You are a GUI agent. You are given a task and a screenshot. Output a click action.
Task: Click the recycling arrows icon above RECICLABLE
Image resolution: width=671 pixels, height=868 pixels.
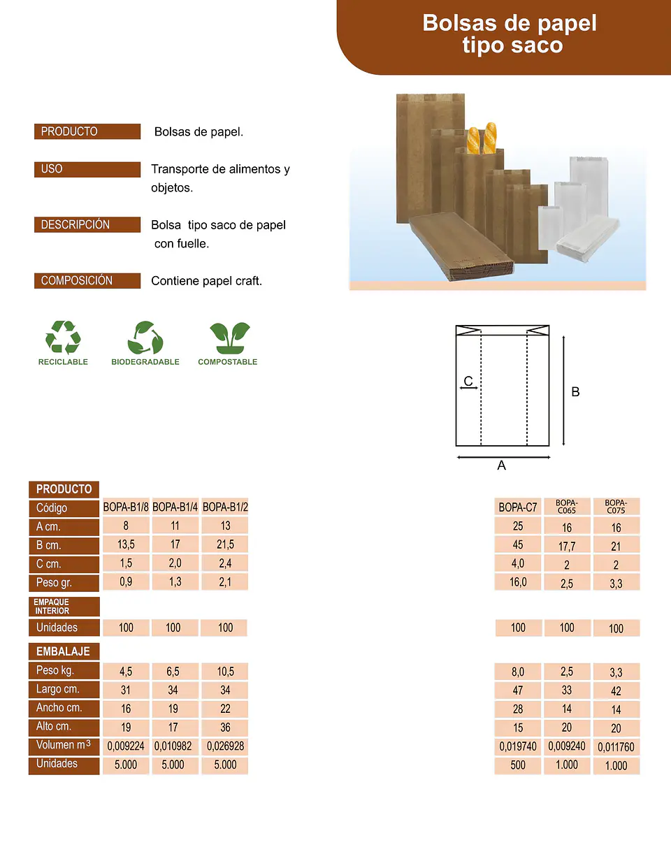[x=63, y=337]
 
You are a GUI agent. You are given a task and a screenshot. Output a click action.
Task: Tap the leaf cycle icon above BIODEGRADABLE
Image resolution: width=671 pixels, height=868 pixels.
[x=145, y=338]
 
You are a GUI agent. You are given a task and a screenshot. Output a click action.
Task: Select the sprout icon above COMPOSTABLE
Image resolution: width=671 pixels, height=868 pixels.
[x=230, y=338]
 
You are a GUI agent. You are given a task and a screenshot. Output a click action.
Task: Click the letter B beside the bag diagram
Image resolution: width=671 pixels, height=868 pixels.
[x=575, y=392]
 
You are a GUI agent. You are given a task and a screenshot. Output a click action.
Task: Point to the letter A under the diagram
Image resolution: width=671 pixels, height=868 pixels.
[x=502, y=465]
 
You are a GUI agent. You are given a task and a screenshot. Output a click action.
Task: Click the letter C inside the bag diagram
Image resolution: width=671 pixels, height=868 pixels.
[x=468, y=381]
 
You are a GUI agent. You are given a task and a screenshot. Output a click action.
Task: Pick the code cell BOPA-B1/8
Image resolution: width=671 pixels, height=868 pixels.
[x=126, y=507]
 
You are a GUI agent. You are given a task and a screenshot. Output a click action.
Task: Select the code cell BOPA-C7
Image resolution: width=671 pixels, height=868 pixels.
[x=518, y=507]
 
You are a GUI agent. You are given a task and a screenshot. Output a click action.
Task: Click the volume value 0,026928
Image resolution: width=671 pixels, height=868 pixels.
[x=225, y=746]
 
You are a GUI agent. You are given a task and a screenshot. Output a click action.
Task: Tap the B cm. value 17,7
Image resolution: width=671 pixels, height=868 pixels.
[x=567, y=546]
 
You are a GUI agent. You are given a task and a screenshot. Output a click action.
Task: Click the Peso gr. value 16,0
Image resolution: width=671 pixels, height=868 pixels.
[x=518, y=582]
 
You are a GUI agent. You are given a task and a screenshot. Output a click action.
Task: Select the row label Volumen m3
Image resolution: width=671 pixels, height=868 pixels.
[x=64, y=746]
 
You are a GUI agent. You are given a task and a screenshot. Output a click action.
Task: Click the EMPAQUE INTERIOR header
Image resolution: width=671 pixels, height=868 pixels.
[x=64, y=607]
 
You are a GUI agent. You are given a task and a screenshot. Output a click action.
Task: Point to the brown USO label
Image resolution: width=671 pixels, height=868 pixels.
[x=87, y=169]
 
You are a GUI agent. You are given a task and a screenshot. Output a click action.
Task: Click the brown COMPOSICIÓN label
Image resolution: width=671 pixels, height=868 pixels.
[x=87, y=280]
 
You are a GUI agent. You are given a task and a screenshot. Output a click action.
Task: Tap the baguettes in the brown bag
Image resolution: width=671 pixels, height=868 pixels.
[x=482, y=138]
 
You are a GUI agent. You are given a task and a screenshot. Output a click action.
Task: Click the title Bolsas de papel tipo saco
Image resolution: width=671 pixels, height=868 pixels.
[x=510, y=34]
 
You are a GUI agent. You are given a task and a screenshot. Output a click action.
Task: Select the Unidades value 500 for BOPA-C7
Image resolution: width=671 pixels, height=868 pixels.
[x=518, y=765]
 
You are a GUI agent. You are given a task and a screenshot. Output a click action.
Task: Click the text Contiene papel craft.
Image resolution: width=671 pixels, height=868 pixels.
[x=206, y=281]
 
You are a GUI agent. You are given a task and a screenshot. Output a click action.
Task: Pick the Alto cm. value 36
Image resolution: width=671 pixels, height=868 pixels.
[x=225, y=728]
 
